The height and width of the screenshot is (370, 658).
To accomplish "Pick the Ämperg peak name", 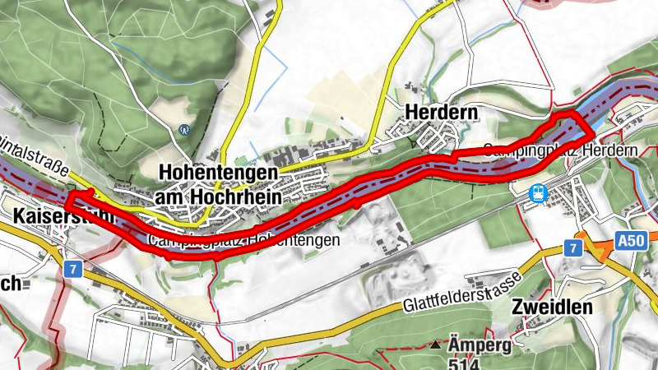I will [480, 344].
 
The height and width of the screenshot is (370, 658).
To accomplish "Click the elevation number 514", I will [466, 363].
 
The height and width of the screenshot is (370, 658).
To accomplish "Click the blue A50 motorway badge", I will [631, 240].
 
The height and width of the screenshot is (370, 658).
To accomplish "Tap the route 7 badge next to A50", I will [570, 247].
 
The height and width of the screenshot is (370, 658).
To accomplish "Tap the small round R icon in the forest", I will [184, 129].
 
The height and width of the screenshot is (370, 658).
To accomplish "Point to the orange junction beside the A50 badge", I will [594, 248].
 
